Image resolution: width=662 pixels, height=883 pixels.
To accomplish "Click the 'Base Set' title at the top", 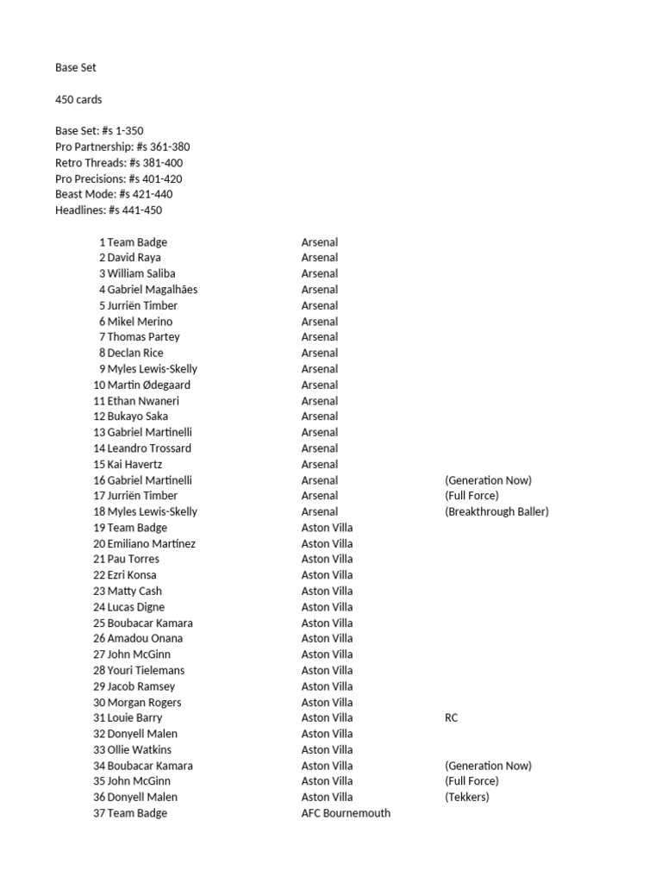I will click(76, 67).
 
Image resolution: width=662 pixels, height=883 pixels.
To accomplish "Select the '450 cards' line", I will click(78, 99).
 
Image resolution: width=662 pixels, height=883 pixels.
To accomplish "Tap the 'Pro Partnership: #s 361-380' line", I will click(122, 147).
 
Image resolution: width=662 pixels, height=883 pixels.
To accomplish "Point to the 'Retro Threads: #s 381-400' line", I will click(119, 162).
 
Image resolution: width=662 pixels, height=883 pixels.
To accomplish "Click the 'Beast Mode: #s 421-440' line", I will click(114, 194).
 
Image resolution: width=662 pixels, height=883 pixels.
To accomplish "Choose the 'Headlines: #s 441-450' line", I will click(109, 210).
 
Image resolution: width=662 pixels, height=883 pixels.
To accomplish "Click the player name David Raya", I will click(134, 257).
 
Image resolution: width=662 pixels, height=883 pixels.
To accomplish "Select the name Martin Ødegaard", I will click(148, 385).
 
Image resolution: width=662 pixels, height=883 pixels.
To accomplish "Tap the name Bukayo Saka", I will click(137, 416).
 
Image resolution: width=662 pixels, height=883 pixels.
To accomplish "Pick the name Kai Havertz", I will click(134, 464).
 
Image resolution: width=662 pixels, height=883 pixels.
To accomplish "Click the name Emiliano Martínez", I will click(151, 543).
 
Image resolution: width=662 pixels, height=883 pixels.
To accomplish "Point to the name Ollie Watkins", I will click(139, 749).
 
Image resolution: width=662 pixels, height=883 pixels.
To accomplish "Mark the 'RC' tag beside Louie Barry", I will click(451, 717).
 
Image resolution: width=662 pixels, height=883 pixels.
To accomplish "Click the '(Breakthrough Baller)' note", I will click(496, 511).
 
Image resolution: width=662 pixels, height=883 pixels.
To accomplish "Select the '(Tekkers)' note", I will click(466, 797).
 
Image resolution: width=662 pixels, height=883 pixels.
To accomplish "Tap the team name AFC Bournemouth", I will click(346, 813).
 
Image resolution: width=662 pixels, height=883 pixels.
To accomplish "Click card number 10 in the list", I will click(99, 385).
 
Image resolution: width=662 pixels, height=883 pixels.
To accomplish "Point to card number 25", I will click(99, 623).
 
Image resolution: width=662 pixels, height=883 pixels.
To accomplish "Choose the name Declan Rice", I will click(134, 353).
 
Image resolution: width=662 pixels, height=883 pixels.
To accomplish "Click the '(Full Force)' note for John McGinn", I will click(472, 781).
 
